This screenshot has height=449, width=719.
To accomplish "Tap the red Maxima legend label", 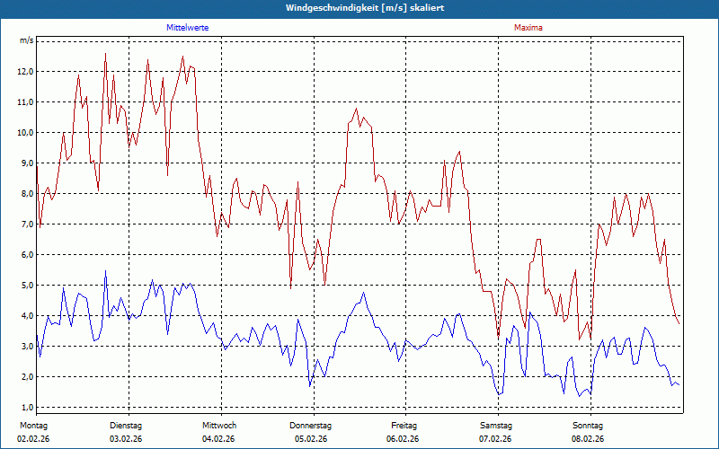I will click(x=528, y=28).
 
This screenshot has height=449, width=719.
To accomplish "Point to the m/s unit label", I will click(x=26, y=40).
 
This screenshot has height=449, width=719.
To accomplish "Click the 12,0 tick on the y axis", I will click(x=26, y=71).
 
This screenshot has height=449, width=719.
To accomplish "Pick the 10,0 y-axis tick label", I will click(x=26, y=132).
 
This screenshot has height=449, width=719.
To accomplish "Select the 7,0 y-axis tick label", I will click(x=26, y=224).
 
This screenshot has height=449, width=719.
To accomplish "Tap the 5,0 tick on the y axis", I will click(x=26, y=285).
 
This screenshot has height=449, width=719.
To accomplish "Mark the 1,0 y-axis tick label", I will click(x=26, y=407).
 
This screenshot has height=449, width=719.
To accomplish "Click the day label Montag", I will click(x=32, y=425).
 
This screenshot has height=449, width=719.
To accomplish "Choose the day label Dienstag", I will click(x=126, y=425).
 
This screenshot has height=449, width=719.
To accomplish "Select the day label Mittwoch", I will click(x=218, y=425).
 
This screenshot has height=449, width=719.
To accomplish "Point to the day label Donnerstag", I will click(x=311, y=425).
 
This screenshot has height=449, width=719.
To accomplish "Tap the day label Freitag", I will click(x=404, y=425).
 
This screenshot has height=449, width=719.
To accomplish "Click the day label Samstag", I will click(x=496, y=425).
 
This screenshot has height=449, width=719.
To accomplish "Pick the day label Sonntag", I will click(x=589, y=425).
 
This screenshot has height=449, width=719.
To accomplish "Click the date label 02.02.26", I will click(x=32, y=439).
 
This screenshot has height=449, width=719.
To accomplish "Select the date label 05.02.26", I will click(x=311, y=439).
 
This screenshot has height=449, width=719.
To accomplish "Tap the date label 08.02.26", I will click(x=589, y=439).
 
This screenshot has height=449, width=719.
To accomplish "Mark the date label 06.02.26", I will click(x=404, y=439).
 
